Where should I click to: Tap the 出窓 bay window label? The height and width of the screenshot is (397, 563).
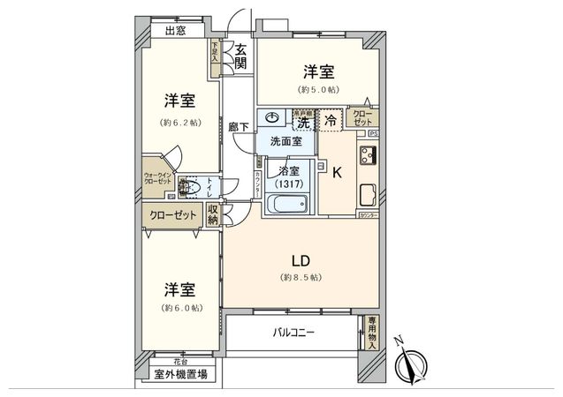[174, 31]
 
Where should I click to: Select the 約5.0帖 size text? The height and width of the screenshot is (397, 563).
[318, 89]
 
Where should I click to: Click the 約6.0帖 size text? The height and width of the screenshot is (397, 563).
[179, 308]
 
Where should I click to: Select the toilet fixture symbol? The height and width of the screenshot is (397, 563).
[186, 185]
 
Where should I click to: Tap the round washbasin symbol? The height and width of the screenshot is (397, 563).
[272, 118]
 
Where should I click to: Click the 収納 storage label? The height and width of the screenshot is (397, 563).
[213, 214]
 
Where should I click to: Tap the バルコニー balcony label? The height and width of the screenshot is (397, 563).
[293, 333]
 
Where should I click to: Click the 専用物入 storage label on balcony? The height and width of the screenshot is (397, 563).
[372, 333]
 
